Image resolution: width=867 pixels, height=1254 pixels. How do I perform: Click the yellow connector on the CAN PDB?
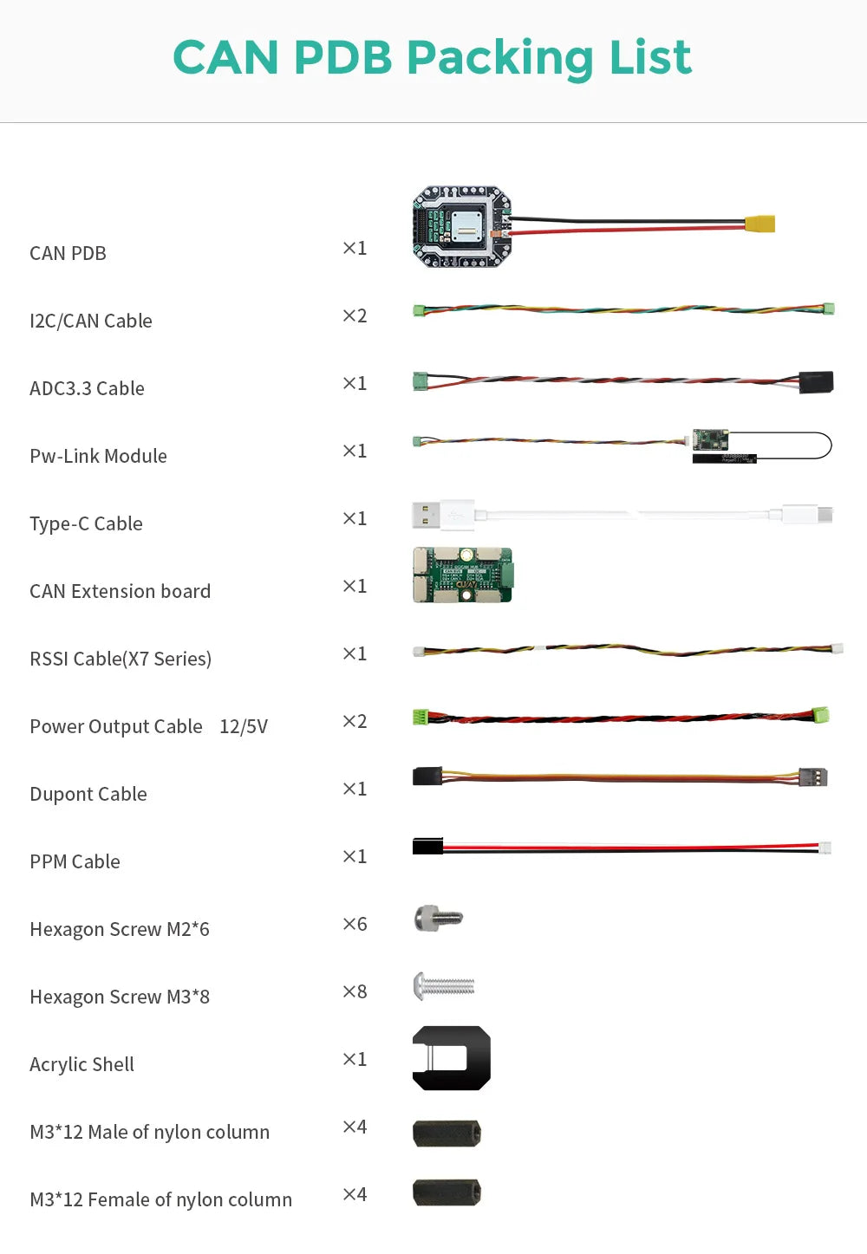tap(759, 224)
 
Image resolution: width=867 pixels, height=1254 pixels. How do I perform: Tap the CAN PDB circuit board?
tap(461, 226)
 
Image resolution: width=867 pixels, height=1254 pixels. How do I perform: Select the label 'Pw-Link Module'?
tap(98, 456)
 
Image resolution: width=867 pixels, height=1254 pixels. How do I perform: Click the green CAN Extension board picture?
tap(462, 575)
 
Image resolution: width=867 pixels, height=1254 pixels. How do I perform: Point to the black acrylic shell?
tap(451, 1058)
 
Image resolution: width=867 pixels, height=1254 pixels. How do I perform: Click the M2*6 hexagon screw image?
tap(438, 918)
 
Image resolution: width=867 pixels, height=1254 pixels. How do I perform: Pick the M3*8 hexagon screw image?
tap(444, 985)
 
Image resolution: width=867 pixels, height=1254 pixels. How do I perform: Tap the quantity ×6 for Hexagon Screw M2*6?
tap(355, 924)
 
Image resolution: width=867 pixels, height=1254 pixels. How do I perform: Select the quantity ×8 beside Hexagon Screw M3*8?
tap(355, 991)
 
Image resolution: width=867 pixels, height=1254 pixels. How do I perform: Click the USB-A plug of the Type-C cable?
tap(426, 515)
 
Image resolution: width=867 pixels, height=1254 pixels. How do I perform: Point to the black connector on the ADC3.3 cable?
tap(816, 382)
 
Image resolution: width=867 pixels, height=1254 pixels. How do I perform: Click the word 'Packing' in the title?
tap(499, 58)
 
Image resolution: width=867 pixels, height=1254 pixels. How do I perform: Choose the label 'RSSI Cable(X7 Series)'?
tap(121, 659)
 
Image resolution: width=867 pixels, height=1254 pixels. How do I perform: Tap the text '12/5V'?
tap(244, 726)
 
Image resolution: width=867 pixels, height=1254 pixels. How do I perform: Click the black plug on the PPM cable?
tap(427, 846)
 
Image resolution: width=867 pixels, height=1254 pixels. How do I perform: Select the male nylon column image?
tap(447, 1133)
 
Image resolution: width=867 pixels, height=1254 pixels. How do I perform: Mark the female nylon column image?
tap(447, 1192)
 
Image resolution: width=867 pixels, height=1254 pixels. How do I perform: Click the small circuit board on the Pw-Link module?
tap(710, 439)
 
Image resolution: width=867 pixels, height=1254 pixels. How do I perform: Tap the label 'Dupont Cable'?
tap(88, 794)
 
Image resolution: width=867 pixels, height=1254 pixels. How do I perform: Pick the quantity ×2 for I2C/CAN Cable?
tap(355, 315)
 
